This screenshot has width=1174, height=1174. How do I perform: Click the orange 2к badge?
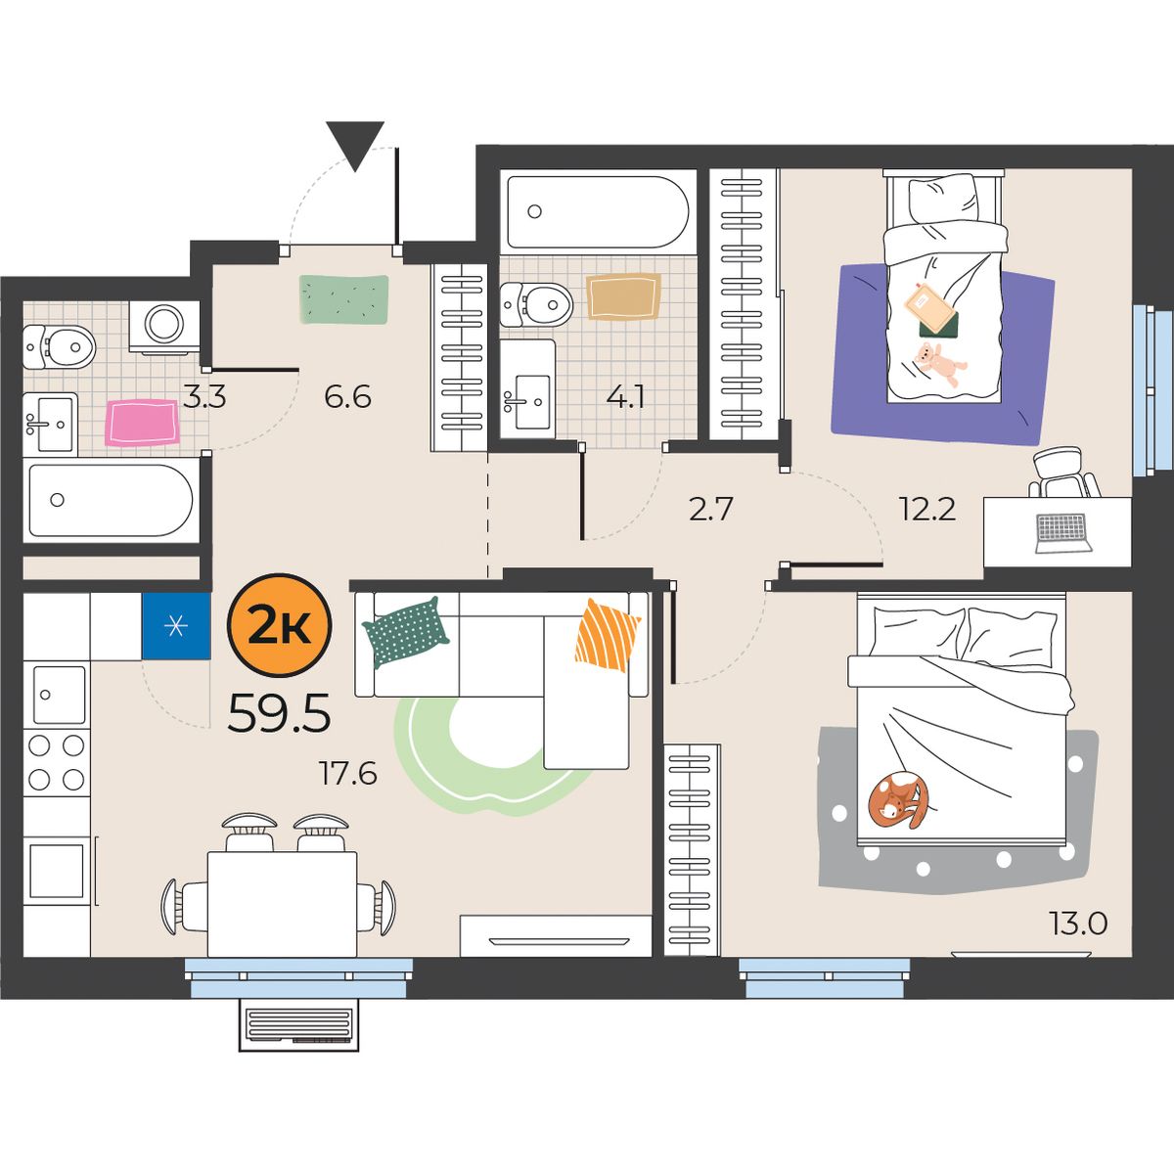(279, 626)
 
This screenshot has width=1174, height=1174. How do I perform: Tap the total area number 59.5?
(279, 714)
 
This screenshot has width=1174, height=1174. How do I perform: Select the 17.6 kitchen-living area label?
(348, 774)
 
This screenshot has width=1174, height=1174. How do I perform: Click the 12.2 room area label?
(927, 509)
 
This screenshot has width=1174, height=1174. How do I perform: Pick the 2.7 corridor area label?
(710, 510)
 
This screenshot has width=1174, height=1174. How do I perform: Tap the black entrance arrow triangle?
(355, 146)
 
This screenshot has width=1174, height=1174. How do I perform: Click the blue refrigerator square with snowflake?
(176, 626)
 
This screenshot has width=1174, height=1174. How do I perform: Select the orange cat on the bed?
(899, 800)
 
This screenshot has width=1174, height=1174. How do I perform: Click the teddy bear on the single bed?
(939, 364)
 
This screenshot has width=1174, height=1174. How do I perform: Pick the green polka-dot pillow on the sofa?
(405, 632)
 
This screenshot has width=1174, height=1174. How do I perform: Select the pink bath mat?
(142, 423)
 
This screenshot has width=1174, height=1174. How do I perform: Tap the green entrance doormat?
(344, 299)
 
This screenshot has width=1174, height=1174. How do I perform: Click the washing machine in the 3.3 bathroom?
(164, 327)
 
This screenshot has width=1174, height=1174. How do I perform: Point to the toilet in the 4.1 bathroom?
(535, 304)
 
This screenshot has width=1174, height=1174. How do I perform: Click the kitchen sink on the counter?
(59, 695)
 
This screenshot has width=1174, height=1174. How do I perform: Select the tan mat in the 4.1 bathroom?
(623, 296)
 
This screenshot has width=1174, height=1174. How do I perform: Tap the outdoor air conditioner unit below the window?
(298, 1024)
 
